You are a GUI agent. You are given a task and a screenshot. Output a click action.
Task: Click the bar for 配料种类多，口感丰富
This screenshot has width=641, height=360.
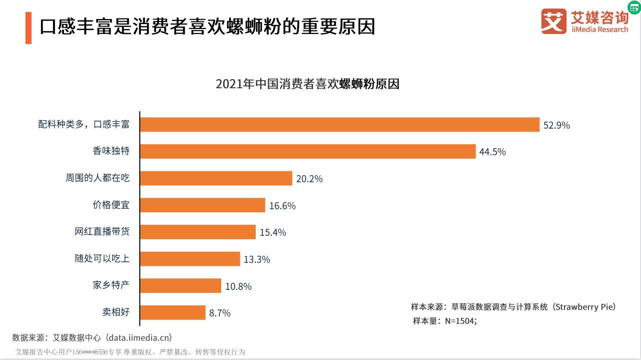point(340,125)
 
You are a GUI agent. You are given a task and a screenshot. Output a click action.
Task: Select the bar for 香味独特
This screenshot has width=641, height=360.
point(308,151)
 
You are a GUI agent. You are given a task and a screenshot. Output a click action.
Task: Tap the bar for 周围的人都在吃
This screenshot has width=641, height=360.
point(216,178)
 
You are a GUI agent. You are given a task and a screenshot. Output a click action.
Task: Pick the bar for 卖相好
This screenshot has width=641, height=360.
point(173,312)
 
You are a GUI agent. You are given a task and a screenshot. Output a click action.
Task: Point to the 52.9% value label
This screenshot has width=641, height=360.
point(556,125)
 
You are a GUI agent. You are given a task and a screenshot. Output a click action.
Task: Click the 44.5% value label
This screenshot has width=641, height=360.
point(492,152)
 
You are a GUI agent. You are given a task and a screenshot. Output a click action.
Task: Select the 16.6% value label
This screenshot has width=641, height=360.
point(282,206)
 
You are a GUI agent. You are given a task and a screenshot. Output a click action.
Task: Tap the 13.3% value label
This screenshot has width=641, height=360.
point(257,259)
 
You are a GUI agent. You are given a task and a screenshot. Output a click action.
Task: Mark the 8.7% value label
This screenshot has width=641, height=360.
point(220,313)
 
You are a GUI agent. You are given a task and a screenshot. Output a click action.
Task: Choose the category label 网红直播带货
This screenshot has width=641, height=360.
point(102,232)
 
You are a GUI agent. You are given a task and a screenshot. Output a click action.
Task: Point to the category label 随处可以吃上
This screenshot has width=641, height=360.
point(102,258)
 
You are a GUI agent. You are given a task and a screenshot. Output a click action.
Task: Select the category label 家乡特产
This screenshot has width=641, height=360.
point(111,285)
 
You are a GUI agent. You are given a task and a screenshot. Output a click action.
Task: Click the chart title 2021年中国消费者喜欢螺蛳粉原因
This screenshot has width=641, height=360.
point(307,84)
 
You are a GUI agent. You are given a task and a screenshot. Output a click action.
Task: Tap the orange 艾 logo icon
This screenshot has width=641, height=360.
point(553,21)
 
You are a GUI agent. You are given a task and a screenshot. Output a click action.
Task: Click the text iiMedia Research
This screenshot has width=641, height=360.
point(599,30)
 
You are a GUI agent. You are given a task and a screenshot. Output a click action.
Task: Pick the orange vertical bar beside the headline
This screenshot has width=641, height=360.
point(29,28)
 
